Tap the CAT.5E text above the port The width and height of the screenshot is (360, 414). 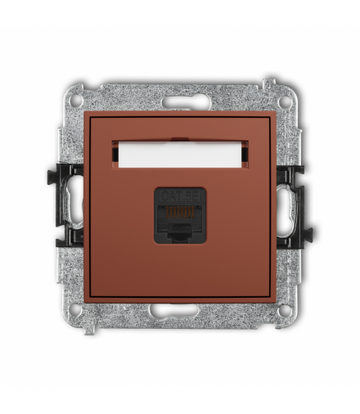tap(180, 196)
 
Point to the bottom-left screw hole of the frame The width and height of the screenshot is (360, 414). tap(76, 310)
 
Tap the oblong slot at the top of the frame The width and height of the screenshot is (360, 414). tap(180, 103)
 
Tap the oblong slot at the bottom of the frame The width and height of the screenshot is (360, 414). tap(180, 311)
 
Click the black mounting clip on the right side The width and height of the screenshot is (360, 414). tap(293, 205)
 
